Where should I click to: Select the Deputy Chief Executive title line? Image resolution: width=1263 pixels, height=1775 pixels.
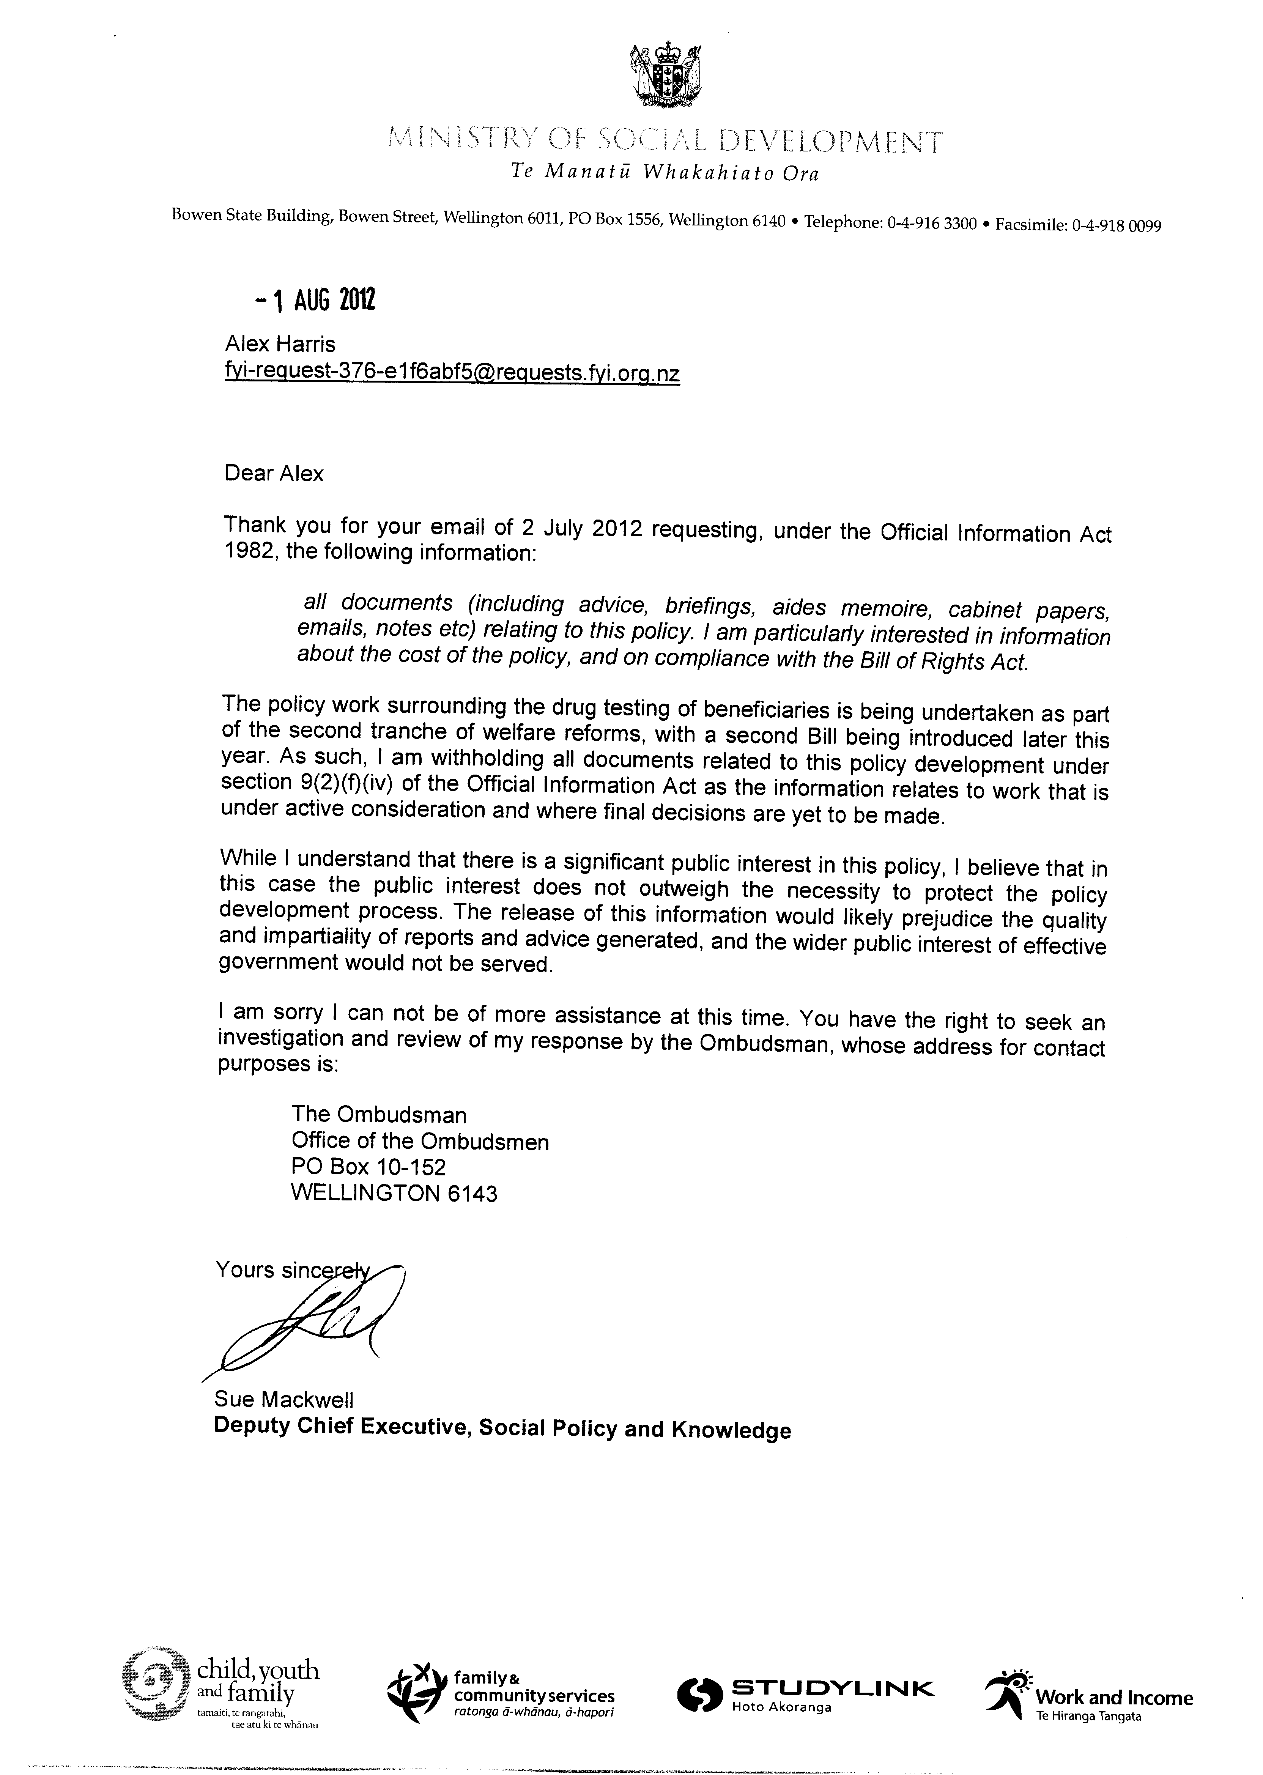[502, 1429]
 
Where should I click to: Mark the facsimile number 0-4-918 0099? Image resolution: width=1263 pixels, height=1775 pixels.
[1117, 226]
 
